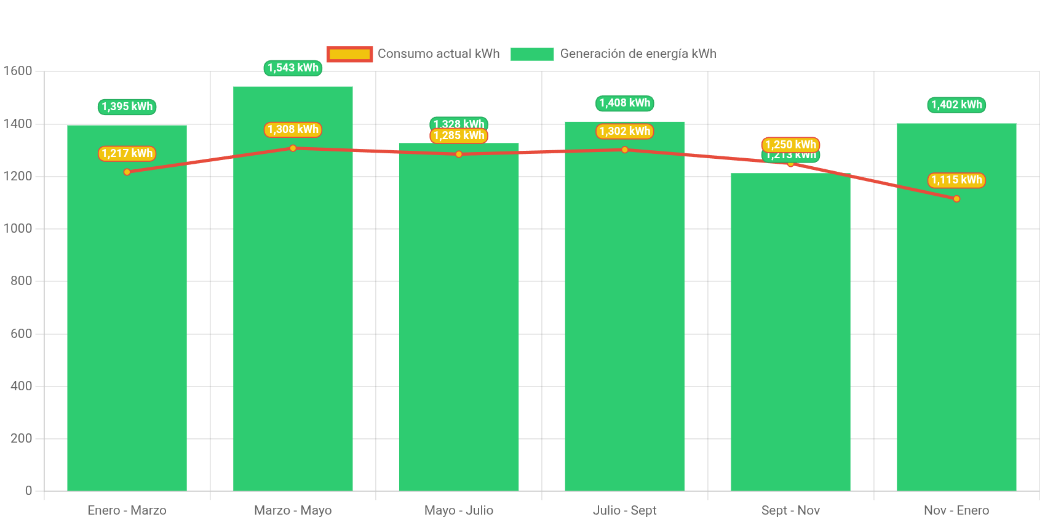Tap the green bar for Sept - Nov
[x=790, y=332]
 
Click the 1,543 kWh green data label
[x=293, y=68]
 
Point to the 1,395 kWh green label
[x=127, y=106]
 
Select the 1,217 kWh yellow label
[x=127, y=153]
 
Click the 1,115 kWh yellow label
[x=956, y=180]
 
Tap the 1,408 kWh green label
[x=624, y=103]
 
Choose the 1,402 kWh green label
[x=956, y=105]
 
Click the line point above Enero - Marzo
[x=127, y=172]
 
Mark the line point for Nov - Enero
[x=956, y=199]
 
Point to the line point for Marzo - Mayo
[x=293, y=148]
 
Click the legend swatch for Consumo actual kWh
[x=349, y=54]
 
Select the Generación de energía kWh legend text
[x=638, y=54]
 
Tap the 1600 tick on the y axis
[x=18, y=71]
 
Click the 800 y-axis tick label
[x=21, y=281]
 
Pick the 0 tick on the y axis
[x=28, y=491]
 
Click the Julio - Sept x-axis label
[x=624, y=510]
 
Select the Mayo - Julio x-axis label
[x=459, y=510]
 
